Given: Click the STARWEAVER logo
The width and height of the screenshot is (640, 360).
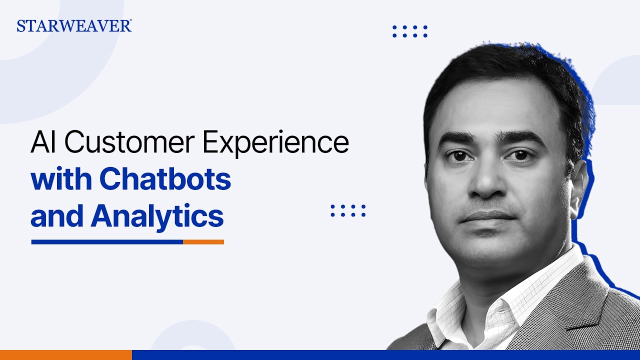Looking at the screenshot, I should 73,26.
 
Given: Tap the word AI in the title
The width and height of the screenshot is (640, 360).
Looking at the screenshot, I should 44,143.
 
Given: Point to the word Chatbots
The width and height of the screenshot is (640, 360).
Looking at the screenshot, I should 165,180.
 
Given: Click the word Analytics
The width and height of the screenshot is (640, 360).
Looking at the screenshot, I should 156,216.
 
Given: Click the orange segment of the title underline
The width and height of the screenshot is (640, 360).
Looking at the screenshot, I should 203,242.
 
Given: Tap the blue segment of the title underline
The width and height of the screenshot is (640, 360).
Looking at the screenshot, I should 107,242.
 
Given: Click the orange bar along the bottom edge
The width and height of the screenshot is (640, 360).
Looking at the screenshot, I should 65,355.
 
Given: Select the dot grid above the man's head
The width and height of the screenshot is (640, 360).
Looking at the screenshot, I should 410,31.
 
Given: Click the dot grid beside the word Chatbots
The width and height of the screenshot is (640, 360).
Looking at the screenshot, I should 348,210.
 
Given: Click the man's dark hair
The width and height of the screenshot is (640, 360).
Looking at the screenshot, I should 505,80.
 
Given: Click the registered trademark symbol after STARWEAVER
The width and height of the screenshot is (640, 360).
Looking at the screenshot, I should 130,21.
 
